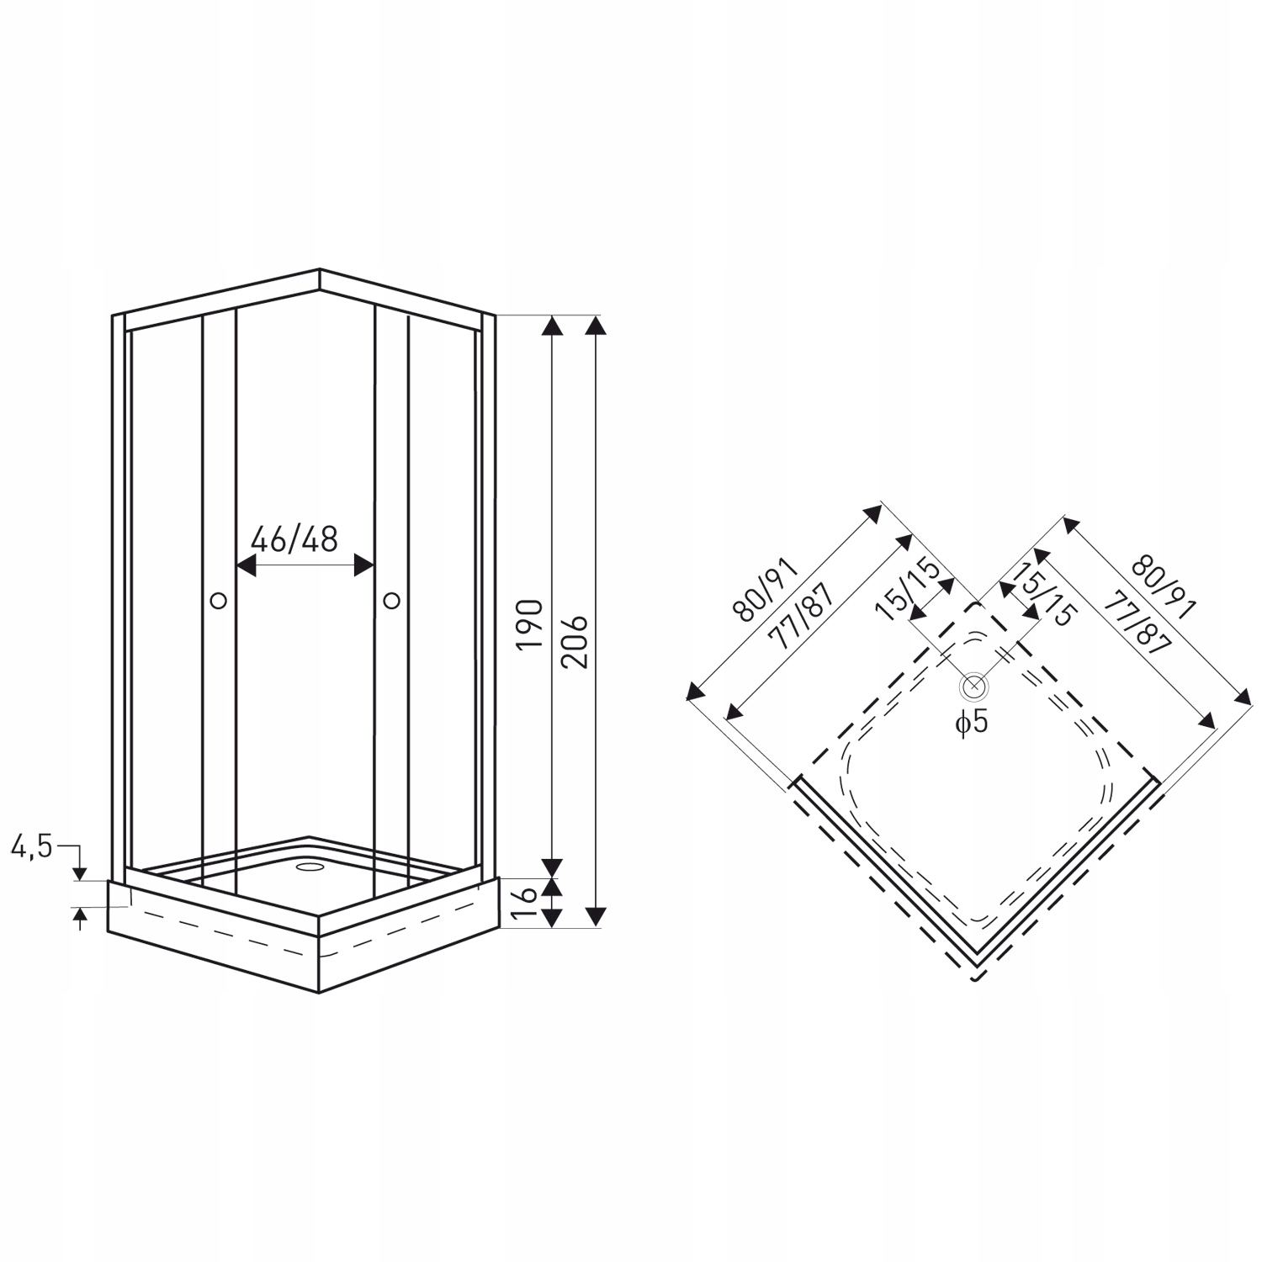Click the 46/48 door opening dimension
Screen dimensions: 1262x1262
295,539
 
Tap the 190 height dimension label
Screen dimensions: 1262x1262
529,623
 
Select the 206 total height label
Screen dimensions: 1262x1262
574,642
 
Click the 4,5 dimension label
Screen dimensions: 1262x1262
31,846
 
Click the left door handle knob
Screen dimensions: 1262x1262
219,600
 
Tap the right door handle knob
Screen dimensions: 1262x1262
391,600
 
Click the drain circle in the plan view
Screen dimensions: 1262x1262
973,687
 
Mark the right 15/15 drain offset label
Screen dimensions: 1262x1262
1043,594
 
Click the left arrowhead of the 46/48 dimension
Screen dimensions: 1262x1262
245,565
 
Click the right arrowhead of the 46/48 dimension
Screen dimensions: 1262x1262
364,565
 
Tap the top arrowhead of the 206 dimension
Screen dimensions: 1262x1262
596,326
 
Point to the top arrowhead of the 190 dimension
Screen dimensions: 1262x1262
551,326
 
